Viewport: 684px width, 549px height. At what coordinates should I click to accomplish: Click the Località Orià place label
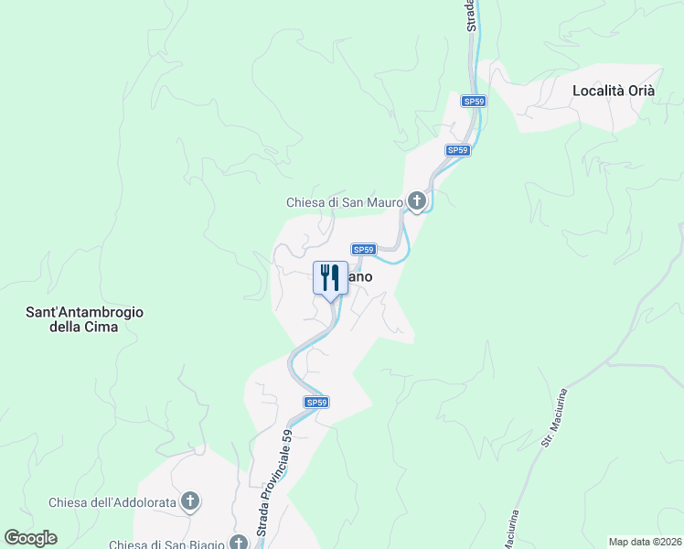(614, 91)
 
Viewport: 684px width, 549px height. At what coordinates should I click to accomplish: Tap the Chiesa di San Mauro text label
(344, 202)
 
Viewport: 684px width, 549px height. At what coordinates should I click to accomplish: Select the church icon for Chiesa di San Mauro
(417, 201)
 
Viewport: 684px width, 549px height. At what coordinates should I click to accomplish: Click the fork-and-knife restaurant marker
(330, 277)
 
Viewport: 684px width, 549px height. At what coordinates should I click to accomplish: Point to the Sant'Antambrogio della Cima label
(84, 319)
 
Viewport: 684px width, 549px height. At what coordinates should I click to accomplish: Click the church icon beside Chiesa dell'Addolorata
(190, 501)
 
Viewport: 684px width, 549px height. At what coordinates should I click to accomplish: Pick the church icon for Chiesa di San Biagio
(239, 543)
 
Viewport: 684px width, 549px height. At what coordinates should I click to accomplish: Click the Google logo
(30, 538)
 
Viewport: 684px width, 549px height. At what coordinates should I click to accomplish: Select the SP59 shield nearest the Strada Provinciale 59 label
(316, 402)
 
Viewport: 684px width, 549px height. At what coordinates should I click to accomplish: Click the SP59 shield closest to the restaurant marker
(364, 249)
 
